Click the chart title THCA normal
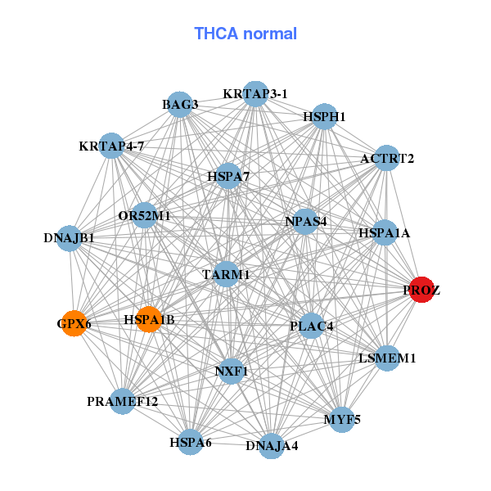(245, 34)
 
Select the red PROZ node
(421, 290)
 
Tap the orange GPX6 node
(74, 323)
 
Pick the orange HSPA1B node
(149, 319)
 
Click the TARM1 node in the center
(226, 275)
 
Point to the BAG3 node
(180, 105)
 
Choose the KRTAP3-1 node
(255, 93)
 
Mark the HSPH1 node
(325, 117)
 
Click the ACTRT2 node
(387, 158)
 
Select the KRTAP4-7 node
(111, 146)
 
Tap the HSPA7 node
(228, 176)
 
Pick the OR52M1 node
(144, 216)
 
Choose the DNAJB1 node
(70, 239)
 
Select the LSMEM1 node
(388, 358)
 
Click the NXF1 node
(231, 371)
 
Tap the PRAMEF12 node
(123, 401)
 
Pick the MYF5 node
(341, 420)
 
